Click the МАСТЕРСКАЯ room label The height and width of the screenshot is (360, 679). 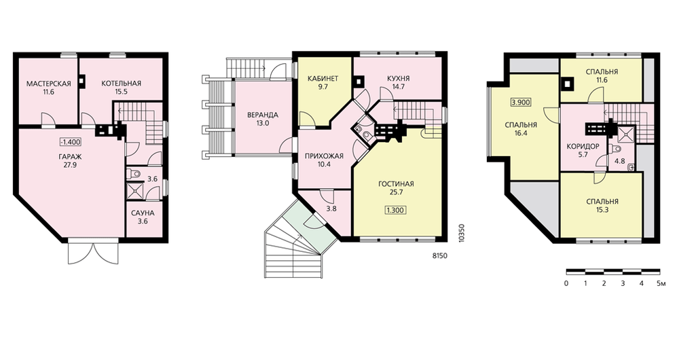point(48,84)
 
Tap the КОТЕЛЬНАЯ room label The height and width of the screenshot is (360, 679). point(122,84)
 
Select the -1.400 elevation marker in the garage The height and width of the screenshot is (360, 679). point(71,142)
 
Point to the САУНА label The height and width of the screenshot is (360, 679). point(143,213)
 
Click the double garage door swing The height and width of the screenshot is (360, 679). point(93,253)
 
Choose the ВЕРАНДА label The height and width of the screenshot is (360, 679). point(262,115)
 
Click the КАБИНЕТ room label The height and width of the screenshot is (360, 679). point(323,78)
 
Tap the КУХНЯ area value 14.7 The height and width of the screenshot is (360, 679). point(399,87)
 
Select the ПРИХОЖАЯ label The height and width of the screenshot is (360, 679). point(324,156)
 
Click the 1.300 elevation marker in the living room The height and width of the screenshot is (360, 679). point(395,211)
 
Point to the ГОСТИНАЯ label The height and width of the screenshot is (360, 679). point(396,183)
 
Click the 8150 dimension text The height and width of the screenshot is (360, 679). point(439,256)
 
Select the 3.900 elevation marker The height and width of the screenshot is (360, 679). point(521,103)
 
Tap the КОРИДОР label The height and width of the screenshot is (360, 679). point(583,147)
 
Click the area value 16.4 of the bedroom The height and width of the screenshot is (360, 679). point(521,133)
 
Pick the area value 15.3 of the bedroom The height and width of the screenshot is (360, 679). point(602,210)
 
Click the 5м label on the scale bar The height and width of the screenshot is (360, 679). point(661,284)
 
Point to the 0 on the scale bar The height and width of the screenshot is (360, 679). point(566,284)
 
